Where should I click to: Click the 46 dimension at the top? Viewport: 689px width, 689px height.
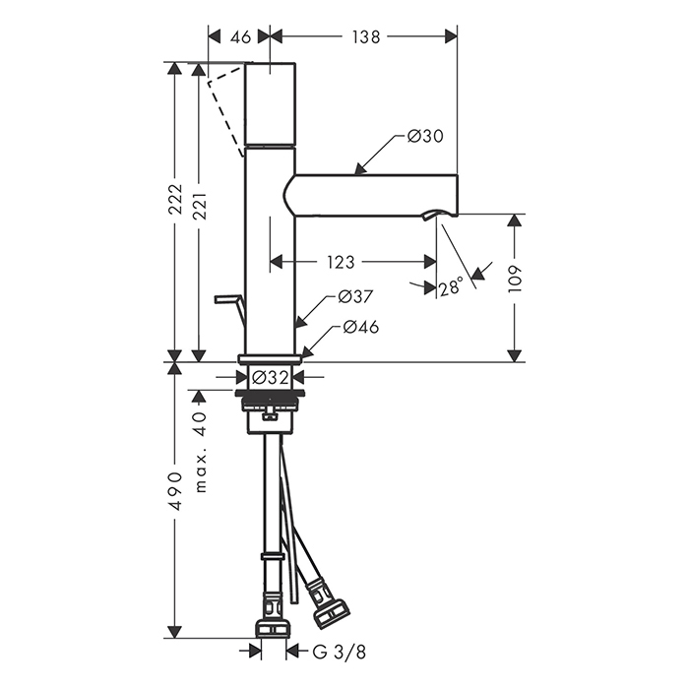pyautogui.click(x=241, y=37)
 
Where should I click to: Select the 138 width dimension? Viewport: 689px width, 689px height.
pyautogui.click(x=365, y=37)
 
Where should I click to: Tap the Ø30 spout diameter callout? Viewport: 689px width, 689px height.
pyautogui.click(x=425, y=136)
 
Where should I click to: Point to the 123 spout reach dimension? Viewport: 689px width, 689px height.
pyautogui.click(x=341, y=263)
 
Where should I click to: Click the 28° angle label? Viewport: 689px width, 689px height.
pyautogui.click(x=451, y=286)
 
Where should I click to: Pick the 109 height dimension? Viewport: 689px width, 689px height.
pyautogui.click(x=514, y=280)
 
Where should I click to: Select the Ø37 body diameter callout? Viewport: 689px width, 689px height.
pyautogui.click(x=355, y=296)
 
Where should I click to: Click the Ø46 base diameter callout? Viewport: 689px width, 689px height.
pyautogui.click(x=360, y=327)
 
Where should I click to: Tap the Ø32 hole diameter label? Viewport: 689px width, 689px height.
pyautogui.click(x=271, y=377)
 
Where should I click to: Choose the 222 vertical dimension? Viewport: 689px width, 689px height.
pyautogui.click(x=175, y=199)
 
